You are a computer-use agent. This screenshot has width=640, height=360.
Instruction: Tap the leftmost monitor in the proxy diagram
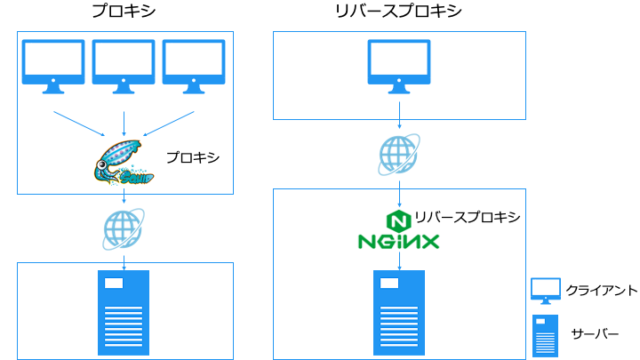click(56, 68)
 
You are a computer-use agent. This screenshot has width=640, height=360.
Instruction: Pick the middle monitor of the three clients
click(123, 68)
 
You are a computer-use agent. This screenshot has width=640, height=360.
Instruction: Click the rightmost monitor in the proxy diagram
click(190, 68)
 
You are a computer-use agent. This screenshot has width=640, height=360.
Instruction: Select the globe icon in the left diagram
click(122, 229)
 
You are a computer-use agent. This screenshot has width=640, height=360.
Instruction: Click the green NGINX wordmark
click(398, 241)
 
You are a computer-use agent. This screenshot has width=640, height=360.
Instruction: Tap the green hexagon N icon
click(398, 218)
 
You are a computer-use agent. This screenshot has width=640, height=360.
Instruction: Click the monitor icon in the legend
click(545, 291)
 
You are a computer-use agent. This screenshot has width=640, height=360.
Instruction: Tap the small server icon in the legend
click(545, 333)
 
